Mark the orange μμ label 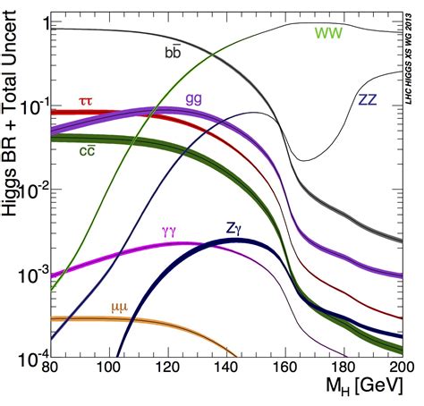pos(120,307)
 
